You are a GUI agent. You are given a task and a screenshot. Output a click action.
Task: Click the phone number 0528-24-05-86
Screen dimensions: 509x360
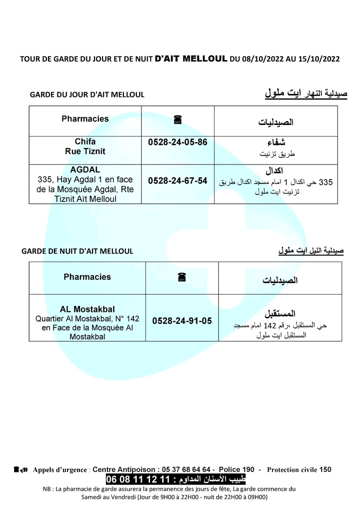pyautogui.click(x=177, y=142)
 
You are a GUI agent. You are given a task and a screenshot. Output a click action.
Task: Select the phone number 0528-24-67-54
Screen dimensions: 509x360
pyautogui.click(x=177, y=181)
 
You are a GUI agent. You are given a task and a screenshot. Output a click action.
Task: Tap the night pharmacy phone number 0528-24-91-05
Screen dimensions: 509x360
pyautogui.click(x=182, y=320)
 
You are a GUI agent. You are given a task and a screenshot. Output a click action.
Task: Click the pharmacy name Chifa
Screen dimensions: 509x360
pyautogui.click(x=85, y=141)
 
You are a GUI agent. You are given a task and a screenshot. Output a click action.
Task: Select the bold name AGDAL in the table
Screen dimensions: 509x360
pyautogui.click(x=85, y=169)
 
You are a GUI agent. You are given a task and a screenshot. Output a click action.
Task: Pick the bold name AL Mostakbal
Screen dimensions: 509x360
pyautogui.click(x=87, y=308)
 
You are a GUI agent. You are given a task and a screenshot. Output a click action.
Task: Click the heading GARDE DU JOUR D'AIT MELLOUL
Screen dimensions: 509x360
pyautogui.click(x=87, y=94)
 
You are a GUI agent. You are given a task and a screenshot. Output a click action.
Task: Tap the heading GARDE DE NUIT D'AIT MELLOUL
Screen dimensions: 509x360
pyautogui.click(x=77, y=251)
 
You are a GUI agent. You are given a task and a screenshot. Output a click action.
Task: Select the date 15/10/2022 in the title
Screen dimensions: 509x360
pyautogui.click(x=317, y=58)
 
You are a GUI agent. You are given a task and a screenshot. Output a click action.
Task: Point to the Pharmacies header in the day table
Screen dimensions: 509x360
pyautogui.click(x=85, y=119)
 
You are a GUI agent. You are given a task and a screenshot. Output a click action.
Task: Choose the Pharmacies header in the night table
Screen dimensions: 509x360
pyautogui.click(x=87, y=277)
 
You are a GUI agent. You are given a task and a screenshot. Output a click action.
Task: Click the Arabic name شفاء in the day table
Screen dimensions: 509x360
pyautogui.click(x=276, y=142)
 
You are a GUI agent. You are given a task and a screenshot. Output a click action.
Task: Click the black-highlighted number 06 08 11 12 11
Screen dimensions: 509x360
pyautogui.click(x=138, y=480)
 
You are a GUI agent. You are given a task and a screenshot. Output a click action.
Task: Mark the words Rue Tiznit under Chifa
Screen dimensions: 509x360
pyautogui.click(x=85, y=151)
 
